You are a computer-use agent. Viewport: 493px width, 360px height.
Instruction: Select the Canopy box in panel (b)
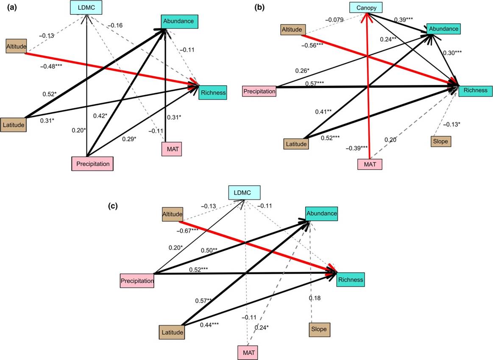pos(366,7)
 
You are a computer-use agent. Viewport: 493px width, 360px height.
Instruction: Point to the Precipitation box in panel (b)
pos(259,91)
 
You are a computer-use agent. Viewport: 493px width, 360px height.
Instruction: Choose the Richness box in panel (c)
pos(350,280)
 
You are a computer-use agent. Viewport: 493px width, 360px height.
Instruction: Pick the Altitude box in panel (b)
pos(292,30)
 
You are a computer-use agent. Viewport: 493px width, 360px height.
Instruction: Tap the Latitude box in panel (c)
pos(171,332)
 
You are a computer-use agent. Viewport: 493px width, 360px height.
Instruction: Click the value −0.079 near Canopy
pos(337,20)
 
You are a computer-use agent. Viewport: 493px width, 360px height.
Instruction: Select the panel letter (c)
pos(114,207)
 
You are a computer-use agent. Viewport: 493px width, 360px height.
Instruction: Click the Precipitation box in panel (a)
pos(92,163)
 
